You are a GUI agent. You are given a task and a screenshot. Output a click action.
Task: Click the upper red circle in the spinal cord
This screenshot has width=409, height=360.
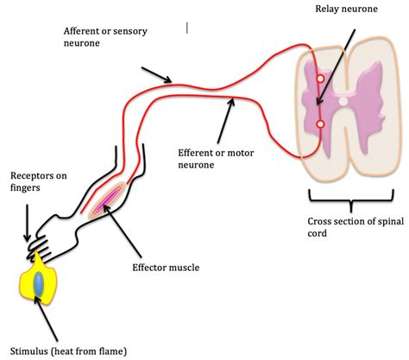[x=320, y=79]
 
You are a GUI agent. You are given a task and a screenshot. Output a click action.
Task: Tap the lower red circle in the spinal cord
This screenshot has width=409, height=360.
[x=320, y=125]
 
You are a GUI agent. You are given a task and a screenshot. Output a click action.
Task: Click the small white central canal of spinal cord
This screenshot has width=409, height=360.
[x=343, y=102]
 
